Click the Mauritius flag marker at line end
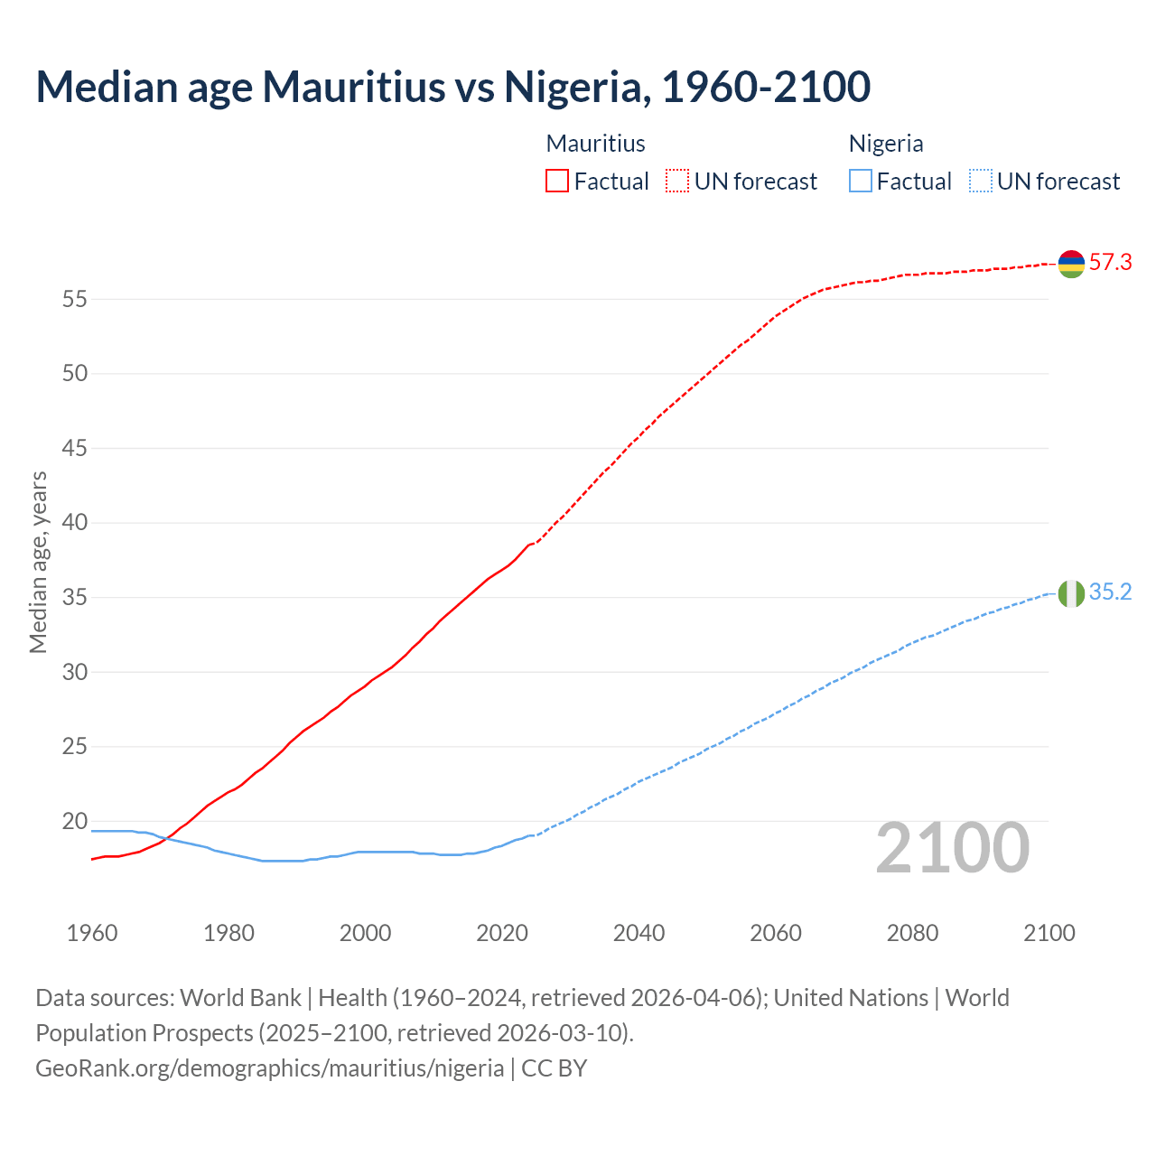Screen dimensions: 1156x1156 [1071, 264]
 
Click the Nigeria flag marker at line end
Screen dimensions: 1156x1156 [1071, 593]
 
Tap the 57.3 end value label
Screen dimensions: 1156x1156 [1110, 263]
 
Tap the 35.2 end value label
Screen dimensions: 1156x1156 [1110, 592]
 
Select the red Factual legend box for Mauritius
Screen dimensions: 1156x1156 [557, 182]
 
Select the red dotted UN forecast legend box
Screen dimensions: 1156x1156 [677, 182]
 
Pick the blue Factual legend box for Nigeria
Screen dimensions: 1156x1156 [861, 182]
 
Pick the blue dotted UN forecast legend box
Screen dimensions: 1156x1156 [980, 182]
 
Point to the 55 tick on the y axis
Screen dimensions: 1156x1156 [74, 299]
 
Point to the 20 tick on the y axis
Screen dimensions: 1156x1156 [74, 822]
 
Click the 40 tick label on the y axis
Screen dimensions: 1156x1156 [74, 523]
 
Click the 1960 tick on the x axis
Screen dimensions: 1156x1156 [92, 933]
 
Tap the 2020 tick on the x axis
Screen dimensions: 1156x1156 [502, 933]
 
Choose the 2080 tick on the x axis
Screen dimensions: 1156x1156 [912, 933]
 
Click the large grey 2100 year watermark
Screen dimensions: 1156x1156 [952, 848]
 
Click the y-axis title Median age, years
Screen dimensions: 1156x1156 [38, 562]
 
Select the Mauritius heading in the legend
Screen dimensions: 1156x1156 [595, 144]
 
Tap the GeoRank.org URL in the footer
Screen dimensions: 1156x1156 [269, 1068]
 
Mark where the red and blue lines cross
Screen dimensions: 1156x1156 [167, 838]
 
